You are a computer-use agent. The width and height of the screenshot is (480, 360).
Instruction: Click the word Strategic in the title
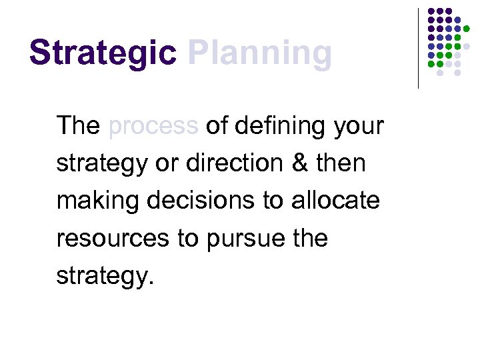103,53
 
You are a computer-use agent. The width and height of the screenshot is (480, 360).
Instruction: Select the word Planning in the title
260,53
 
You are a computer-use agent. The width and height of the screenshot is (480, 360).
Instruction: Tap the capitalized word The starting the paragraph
78,125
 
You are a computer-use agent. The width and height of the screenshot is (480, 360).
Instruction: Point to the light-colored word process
153,127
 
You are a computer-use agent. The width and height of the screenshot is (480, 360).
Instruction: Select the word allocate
335,200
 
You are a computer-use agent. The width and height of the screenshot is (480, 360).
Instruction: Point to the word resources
112,239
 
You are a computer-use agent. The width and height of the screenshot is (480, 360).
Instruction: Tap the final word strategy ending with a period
105,276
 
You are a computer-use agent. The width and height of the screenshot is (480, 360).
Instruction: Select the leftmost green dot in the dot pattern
431,64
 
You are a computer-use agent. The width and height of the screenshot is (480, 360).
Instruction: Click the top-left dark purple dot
431,12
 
